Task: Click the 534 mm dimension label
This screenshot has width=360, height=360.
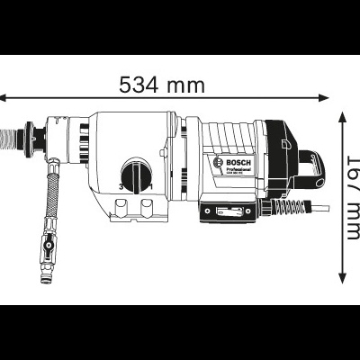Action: pyautogui.click(x=163, y=85)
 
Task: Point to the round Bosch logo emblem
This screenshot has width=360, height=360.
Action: pyautogui.click(x=217, y=164)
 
